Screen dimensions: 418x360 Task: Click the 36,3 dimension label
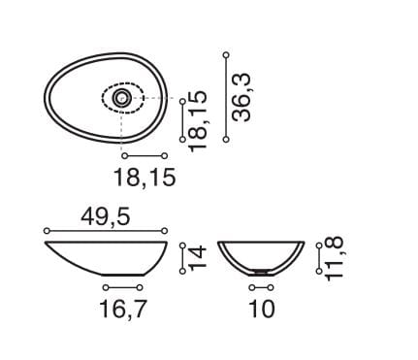[242, 97]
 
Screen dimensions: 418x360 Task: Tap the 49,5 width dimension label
[106, 216]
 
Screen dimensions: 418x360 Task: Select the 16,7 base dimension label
[123, 310]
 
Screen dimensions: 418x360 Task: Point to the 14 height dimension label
[197, 258]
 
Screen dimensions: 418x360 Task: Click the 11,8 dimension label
[334, 259]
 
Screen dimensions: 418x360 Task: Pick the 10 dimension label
[262, 309]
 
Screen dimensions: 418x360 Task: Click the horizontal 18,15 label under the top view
[145, 178]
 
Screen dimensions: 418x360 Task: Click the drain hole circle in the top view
[122, 98]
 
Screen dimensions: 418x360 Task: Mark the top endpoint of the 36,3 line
[226, 55]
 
